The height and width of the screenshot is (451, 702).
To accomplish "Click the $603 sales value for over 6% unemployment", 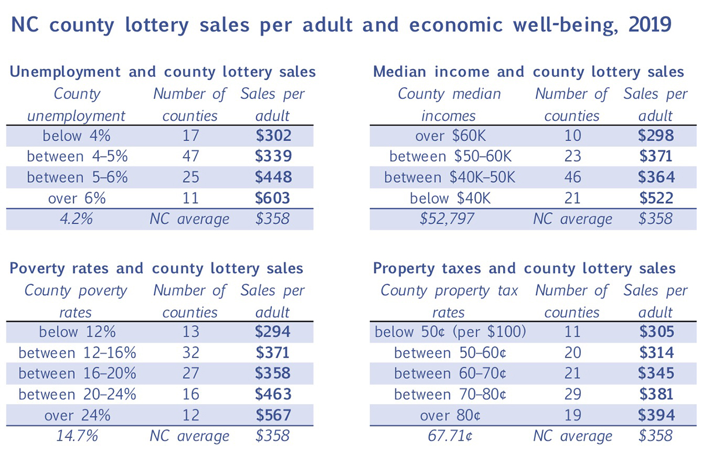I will (273, 198).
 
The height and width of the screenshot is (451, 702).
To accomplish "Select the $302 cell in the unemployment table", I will (273, 136).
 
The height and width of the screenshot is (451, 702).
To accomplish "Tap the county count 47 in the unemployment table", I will (190, 156).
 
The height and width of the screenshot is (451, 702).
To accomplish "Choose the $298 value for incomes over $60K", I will (655, 136).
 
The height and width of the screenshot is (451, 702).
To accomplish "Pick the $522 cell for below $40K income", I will (655, 198).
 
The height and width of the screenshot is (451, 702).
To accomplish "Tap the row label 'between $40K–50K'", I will (449, 177).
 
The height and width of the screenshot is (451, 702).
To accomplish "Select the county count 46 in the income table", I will (573, 177).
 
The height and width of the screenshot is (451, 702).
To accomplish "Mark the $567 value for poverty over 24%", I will (273, 415).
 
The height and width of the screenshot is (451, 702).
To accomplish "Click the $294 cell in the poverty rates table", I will (273, 332).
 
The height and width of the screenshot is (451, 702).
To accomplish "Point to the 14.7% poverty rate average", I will (77, 436).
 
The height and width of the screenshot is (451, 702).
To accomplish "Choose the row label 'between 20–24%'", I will (77, 394).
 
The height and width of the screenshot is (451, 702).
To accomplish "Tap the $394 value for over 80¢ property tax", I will (655, 415).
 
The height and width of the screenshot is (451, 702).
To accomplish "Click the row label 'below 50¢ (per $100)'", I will (449, 332).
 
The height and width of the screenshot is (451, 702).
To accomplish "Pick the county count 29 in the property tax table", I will (573, 394).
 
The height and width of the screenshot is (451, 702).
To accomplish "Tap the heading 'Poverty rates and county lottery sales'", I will (157, 268).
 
